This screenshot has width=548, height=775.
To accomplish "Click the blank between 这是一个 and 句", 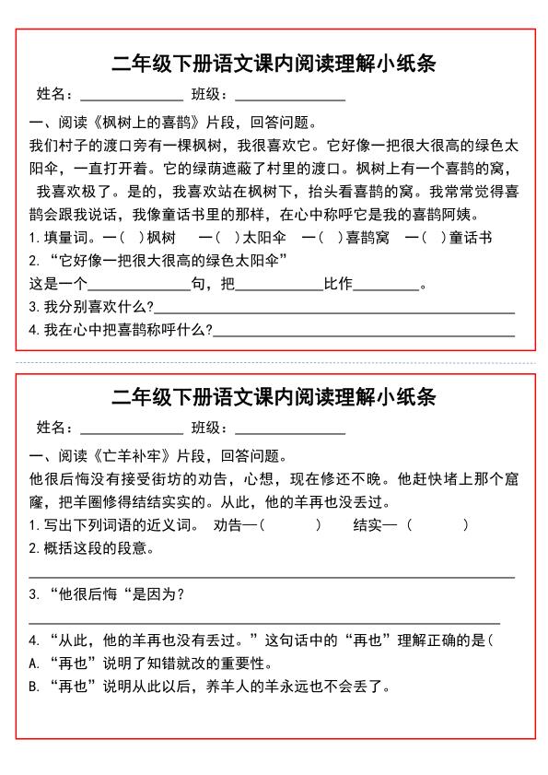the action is click(x=137, y=287).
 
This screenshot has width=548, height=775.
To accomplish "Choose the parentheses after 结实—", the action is click(x=437, y=525).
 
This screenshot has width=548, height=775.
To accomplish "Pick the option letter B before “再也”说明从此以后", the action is click(x=34, y=687).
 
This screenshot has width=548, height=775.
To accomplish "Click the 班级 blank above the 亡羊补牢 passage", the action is click(x=289, y=430).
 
